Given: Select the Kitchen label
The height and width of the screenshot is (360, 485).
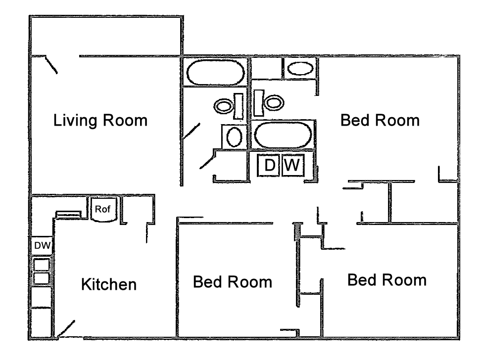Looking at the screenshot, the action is [108, 284].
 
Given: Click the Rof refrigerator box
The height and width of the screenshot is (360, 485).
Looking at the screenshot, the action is [103, 209].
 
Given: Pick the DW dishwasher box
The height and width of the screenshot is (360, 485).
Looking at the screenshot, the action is [42, 244].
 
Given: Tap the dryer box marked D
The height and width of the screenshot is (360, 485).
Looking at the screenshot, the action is [269, 165].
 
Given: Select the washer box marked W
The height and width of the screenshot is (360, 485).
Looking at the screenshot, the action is [292, 165].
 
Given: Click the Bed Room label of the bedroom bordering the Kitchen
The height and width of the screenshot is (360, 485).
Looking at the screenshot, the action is [232, 282].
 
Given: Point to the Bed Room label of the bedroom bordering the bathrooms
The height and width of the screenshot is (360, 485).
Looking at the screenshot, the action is [380, 120].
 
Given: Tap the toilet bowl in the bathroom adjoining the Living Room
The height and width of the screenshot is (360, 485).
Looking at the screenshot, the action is [224, 105].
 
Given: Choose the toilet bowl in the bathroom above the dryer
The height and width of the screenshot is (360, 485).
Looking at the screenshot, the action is [274, 102].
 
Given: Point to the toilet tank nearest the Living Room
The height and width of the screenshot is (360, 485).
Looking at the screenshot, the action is [238, 106].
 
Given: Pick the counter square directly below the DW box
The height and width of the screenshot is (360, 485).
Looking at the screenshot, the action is [42, 264].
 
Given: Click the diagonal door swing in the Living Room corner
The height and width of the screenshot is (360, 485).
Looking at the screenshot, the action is [51, 66].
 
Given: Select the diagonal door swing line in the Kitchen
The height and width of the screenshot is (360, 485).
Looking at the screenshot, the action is [63, 328].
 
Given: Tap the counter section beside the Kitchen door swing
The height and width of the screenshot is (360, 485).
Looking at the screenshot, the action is [42, 322].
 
